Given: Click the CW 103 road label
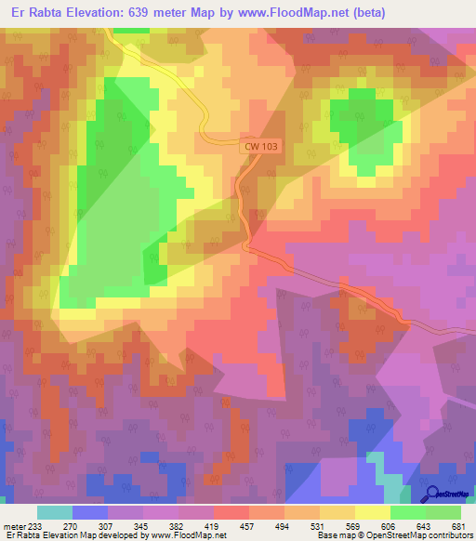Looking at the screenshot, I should click(259, 146).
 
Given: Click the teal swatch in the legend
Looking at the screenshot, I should click(55, 512).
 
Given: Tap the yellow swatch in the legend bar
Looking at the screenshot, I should click(372, 512).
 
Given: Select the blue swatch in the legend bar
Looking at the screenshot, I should click(90, 512).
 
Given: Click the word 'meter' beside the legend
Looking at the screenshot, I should click(13, 525).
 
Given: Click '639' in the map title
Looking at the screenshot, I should click(142, 13).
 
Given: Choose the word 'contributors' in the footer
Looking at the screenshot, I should click(446, 535).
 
